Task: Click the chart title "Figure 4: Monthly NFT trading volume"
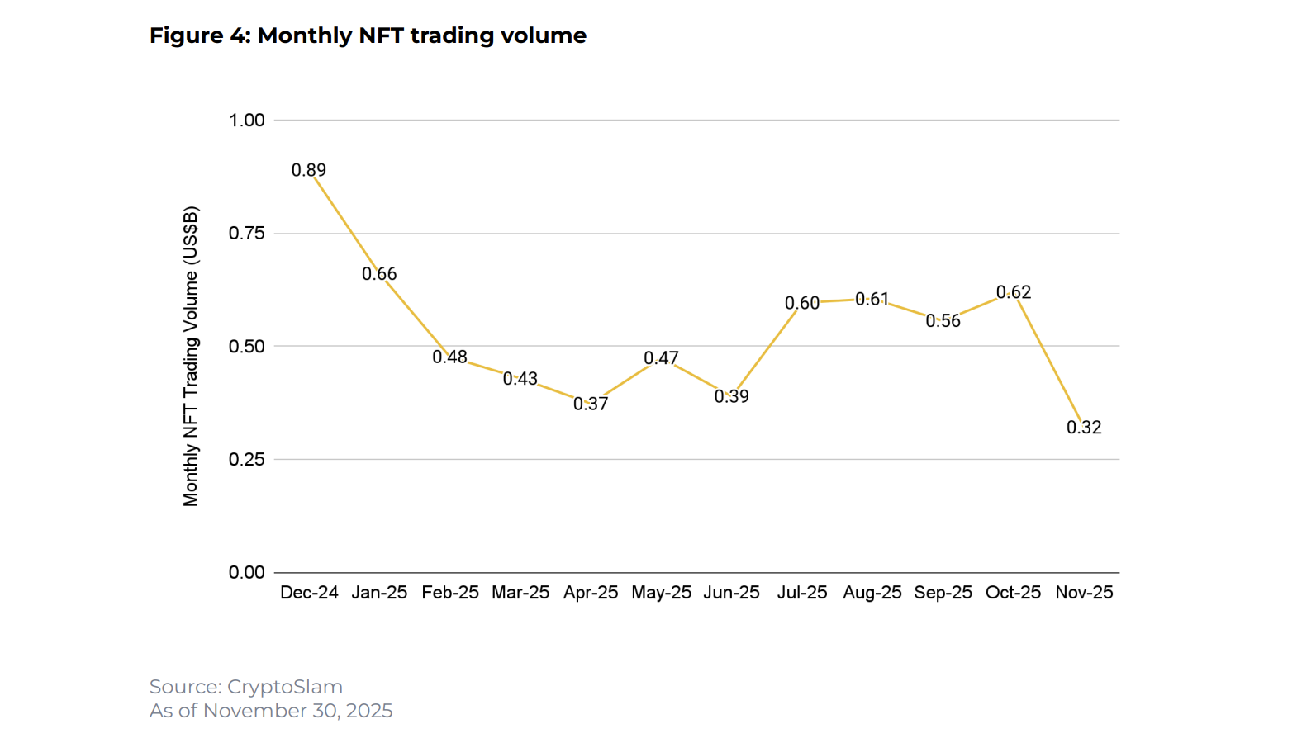point(368,35)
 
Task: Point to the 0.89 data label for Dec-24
point(309,170)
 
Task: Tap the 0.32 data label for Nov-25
point(1084,428)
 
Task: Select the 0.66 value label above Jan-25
point(379,274)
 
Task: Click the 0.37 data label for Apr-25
point(591,404)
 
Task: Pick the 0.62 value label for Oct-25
point(1014,292)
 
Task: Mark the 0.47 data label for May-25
point(661,358)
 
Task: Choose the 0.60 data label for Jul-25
point(802,304)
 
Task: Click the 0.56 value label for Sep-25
point(943,321)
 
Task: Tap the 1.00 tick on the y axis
point(247,121)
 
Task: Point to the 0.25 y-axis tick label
point(247,460)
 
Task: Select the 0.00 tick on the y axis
point(247,573)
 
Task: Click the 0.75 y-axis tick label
point(247,234)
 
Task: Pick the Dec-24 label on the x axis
point(309,593)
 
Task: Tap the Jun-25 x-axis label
point(731,593)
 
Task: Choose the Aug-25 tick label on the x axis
point(872,593)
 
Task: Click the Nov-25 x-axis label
point(1084,593)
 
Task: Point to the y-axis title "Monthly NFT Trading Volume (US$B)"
point(191,356)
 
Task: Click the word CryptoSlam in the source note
point(285,687)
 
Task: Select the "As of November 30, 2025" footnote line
point(271,711)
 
